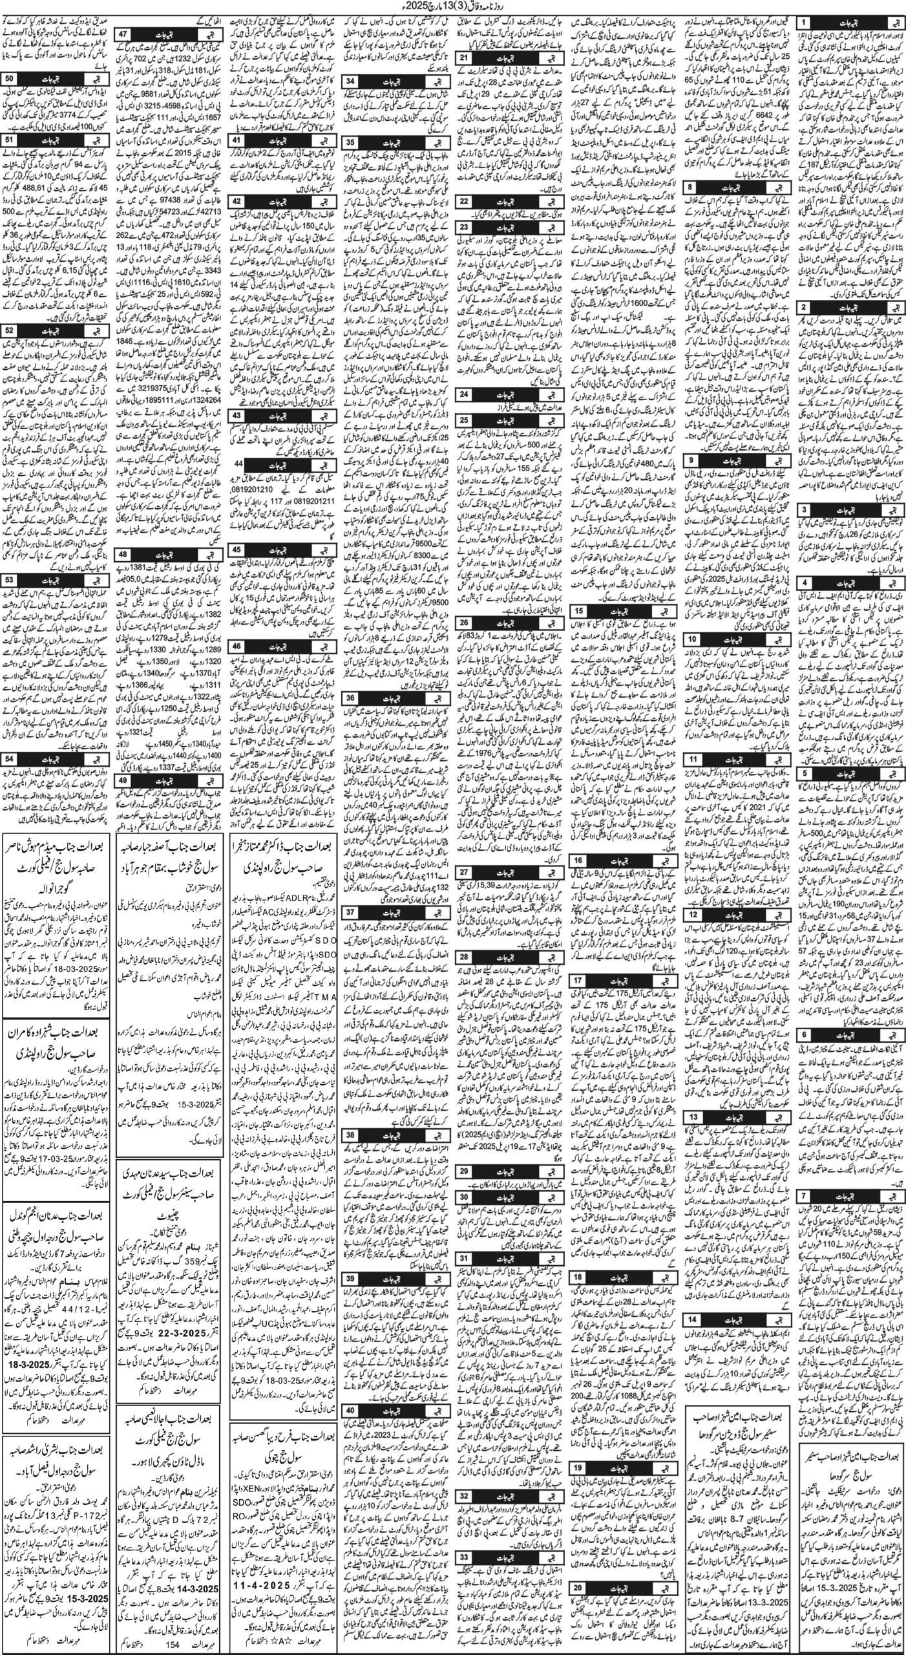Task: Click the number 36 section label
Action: point(350,693)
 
